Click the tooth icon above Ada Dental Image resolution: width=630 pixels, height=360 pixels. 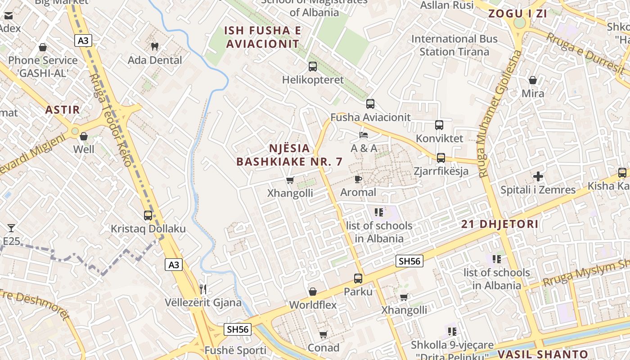click(154, 46)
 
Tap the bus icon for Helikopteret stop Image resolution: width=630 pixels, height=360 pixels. click(312, 67)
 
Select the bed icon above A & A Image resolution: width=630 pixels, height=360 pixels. click(364, 135)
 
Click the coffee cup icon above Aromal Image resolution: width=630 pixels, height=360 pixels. click(358, 179)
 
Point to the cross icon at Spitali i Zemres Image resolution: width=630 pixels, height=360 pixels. click(538, 176)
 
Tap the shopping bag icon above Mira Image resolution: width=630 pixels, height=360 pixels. click(533, 80)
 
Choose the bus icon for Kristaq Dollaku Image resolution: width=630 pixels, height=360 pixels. click(148, 216)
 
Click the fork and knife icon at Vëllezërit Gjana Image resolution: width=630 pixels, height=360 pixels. click(203, 289)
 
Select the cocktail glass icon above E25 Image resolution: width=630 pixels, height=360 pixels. click(11, 228)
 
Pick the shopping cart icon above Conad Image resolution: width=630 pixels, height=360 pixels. click(323, 334)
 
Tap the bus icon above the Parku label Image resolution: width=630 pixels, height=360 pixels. click(358, 279)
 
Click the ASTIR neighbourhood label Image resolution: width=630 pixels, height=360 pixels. click(62, 109)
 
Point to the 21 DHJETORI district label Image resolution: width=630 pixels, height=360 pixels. click(499, 224)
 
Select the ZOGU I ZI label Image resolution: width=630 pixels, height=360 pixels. click(517, 13)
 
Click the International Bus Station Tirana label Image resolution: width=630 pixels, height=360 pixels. click(454, 45)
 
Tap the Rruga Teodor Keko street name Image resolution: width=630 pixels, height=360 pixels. click(110, 121)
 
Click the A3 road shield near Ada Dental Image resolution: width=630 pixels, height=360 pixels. click(84, 41)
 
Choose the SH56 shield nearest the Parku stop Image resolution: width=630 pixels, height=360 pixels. click(409, 261)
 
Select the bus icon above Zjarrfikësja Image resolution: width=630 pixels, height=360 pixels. click(441, 158)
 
